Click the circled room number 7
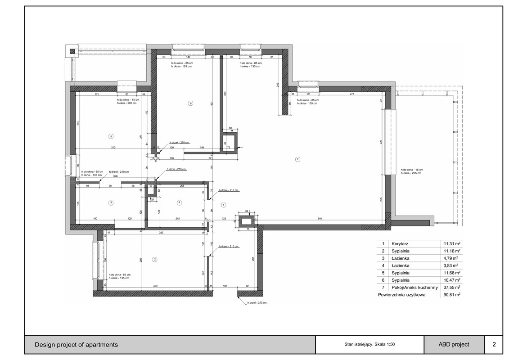[297, 159]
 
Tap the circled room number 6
[190, 103]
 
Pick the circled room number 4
[179, 203]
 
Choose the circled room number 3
[111, 203]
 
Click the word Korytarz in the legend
[401, 244]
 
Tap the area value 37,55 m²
[450, 287]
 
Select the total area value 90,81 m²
[450, 295]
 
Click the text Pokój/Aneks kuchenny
[414, 287]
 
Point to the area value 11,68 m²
[450, 273]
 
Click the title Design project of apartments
[77, 345]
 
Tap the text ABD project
[454, 345]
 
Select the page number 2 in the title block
[494, 345]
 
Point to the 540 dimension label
[320, 219]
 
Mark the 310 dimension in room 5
[113, 148]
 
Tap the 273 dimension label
[352, 94]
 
